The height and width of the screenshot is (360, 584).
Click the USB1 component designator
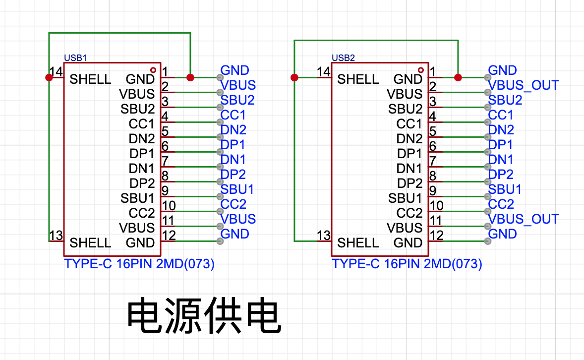point(75,58)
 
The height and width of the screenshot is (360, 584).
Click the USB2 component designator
point(343,58)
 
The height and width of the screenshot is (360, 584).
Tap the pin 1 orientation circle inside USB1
point(153,70)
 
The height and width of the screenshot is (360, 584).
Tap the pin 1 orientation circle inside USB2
point(421,70)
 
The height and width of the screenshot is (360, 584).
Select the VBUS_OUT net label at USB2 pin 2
point(524,85)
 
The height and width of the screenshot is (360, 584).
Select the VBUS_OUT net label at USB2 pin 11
point(524,219)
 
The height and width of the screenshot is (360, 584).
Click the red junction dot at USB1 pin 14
point(49,77)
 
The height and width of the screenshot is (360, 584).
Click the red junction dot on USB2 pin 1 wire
point(458,77)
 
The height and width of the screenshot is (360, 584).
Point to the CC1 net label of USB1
point(233,115)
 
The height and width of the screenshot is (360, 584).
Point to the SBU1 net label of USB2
point(505,189)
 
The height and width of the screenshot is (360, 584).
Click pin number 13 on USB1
point(56,236)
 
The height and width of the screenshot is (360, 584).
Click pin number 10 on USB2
point(436,206)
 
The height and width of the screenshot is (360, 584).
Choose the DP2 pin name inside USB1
point(142,183)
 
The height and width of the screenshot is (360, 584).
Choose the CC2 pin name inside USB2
point(409,213)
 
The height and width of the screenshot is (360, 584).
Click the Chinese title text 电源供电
point(204,315)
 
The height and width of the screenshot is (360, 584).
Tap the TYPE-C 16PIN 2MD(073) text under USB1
point(139,264)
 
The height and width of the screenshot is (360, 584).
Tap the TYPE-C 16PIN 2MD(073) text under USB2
point(407,264)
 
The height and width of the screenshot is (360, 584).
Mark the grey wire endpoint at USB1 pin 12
point(220,241)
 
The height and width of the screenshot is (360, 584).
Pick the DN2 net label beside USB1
point(233,130)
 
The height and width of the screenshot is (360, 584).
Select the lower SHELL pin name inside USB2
point(358,243)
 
